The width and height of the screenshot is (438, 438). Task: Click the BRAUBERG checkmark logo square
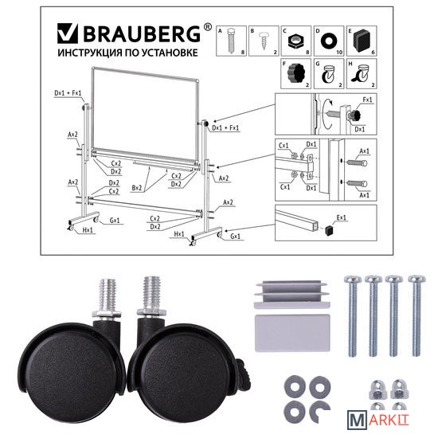point(68,33)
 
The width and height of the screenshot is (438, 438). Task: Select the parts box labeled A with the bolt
point(231,41)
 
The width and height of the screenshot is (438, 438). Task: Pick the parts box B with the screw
point(264,41)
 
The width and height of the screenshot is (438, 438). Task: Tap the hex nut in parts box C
point(295,41)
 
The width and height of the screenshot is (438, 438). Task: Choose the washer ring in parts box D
point(329,41)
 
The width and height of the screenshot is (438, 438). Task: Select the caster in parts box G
point(328,74)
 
